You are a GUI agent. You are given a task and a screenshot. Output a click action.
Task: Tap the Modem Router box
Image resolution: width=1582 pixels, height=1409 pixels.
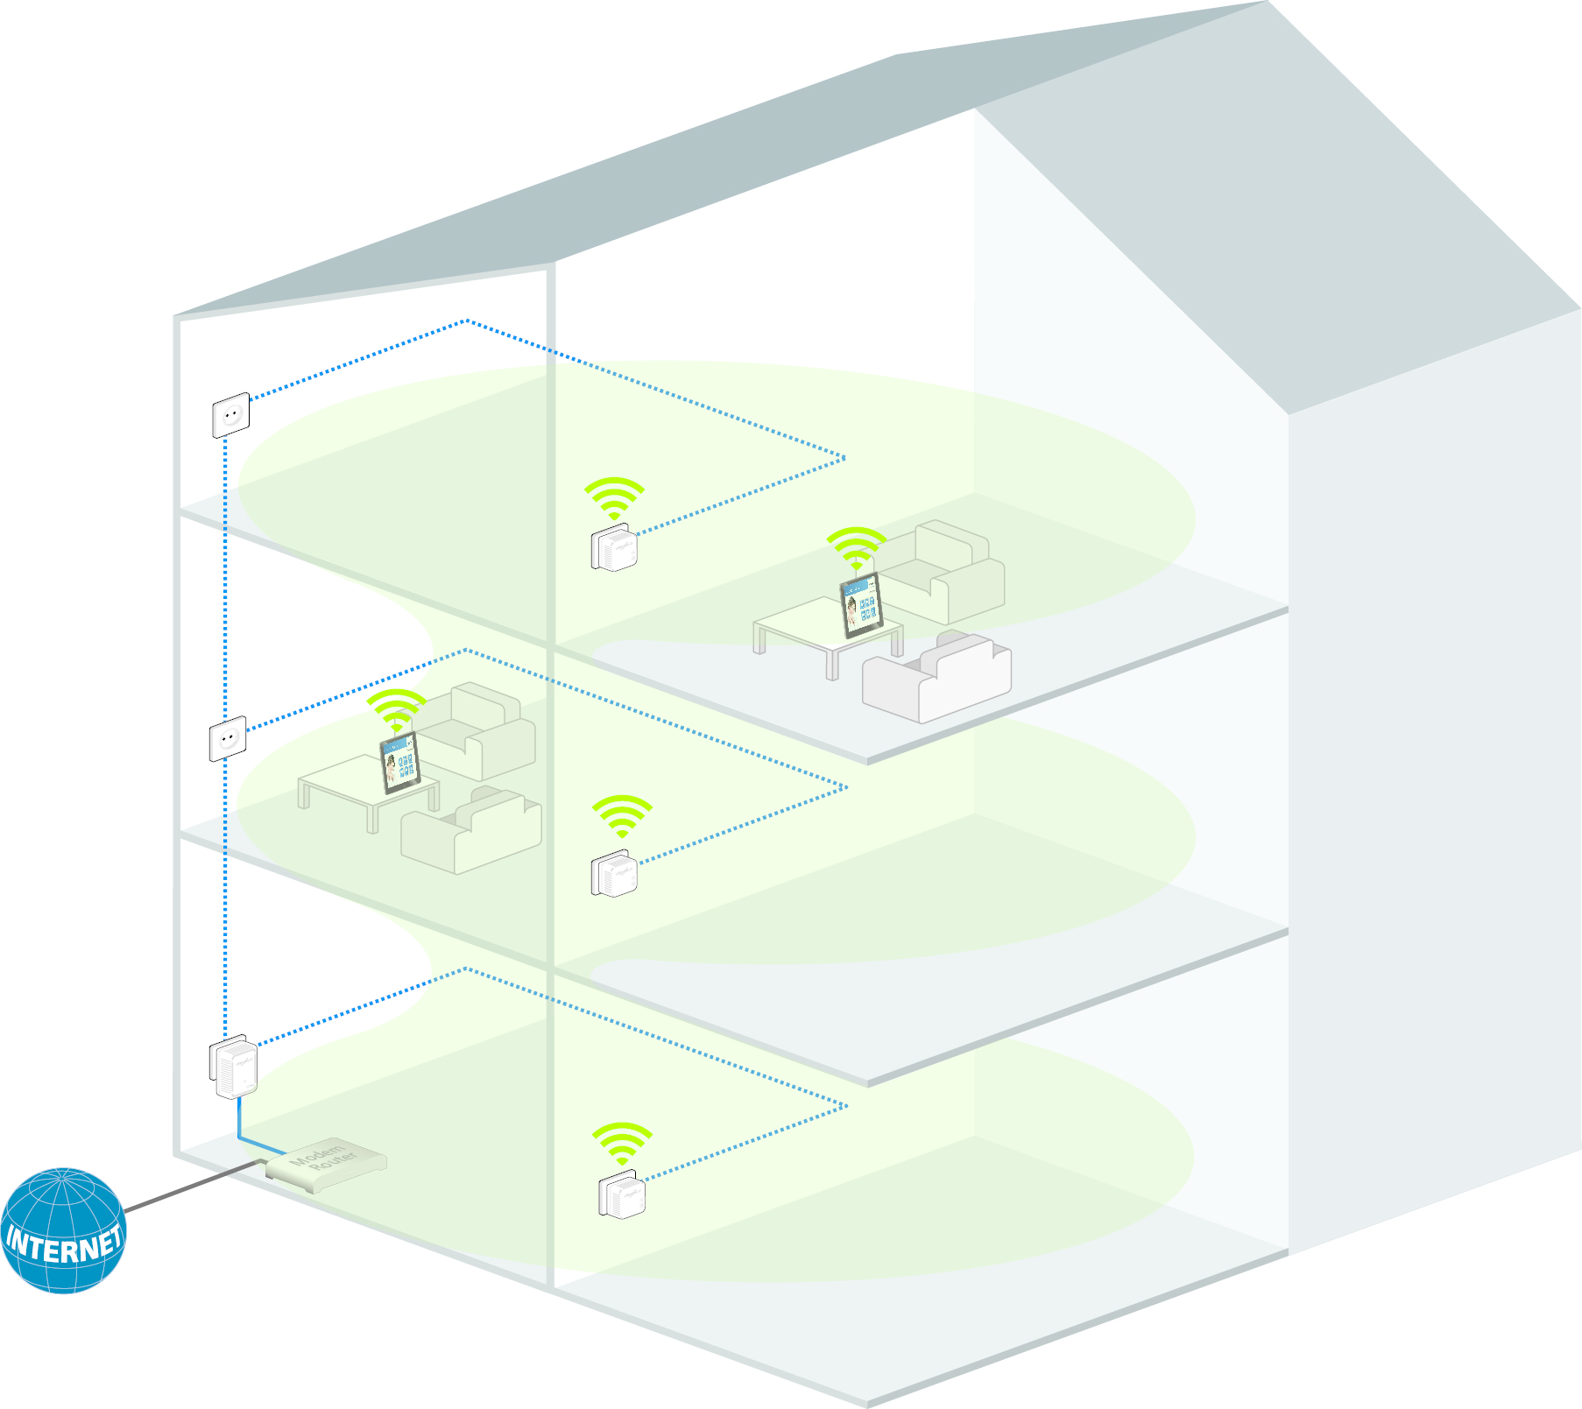point(326,1164)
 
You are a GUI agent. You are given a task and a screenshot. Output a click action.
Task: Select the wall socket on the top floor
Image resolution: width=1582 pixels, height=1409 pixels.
point(231,415)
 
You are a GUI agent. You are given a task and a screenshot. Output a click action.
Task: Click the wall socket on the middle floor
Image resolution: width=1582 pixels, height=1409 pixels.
point(228,739)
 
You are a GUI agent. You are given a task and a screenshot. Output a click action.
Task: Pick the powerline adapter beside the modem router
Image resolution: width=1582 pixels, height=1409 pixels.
point(234,1067)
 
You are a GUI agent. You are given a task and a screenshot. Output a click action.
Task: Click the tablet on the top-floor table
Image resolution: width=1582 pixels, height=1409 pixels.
point(860,604)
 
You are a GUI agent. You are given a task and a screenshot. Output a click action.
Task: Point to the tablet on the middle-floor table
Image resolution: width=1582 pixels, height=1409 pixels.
point(400,763)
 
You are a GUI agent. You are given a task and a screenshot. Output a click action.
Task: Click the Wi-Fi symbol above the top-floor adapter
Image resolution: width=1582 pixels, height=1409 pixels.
point(614,497)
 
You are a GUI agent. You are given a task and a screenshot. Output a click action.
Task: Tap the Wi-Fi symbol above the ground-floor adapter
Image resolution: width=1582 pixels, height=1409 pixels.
point(622,1143)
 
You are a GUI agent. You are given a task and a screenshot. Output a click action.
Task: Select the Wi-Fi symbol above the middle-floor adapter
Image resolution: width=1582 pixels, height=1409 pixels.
point(622,815)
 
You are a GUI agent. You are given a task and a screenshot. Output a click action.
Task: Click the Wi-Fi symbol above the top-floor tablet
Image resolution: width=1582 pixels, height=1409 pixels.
point(856,547)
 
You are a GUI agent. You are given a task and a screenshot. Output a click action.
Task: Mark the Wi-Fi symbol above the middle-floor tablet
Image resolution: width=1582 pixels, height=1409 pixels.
point(396,709)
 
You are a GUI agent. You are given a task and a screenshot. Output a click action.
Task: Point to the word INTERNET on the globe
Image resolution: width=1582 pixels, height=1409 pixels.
point(63,1244)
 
